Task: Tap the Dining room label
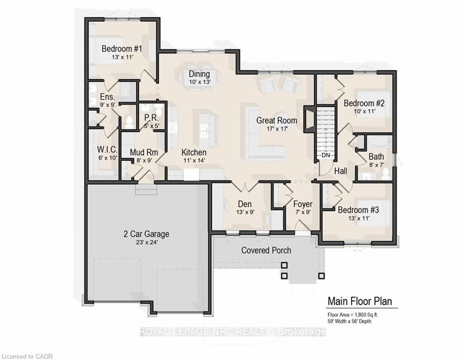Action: coord(199,73)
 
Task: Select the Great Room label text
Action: coord(277,121)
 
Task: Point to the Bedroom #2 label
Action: coord(362,103)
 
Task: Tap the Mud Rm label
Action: coord(142,153)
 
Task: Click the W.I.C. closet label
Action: coord(108,149)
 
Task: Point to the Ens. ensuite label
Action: coord(106,97)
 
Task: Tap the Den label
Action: coord(243,204)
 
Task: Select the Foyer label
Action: coord(302,204)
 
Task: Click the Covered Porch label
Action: coord(266,250)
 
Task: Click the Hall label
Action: coord(341,170)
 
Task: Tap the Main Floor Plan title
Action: coord(359,301)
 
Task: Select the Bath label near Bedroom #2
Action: coord(376,156)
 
